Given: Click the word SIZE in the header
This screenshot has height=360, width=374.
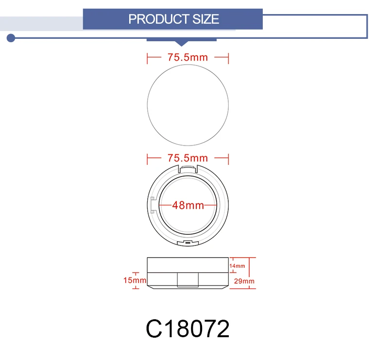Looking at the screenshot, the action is pos(205,19).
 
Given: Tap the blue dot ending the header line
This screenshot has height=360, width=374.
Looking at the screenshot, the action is pos(11,38).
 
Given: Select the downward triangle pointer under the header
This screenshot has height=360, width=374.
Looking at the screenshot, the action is pos(182,43).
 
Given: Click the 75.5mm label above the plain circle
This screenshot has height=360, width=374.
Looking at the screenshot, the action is pos(187,57).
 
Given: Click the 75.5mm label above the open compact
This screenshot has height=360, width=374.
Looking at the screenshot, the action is pos(187,158).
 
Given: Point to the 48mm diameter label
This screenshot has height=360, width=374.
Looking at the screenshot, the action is pos(188,205).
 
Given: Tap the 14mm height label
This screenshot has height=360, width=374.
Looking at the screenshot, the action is pos(237,266).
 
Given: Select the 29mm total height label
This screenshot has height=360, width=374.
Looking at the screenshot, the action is pos(244,281).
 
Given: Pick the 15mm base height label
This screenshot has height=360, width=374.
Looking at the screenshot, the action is pos(135,280).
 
